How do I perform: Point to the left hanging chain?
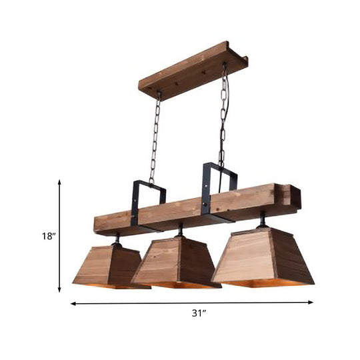(155, 137)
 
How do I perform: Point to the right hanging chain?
(223, 113)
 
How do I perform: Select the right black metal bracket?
(219, 190)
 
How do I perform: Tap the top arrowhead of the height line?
(60, 181)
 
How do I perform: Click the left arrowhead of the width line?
(73, 304)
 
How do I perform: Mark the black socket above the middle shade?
(180, 230)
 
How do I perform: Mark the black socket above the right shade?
(262, 219)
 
